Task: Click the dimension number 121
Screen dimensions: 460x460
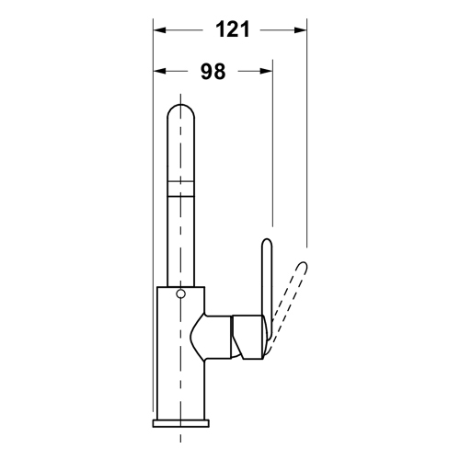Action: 234,29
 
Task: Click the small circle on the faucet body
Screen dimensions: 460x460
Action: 180,295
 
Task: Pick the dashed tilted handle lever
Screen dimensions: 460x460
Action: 287,308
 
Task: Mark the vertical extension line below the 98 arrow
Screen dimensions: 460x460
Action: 272,147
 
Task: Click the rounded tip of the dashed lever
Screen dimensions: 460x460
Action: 302,266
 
